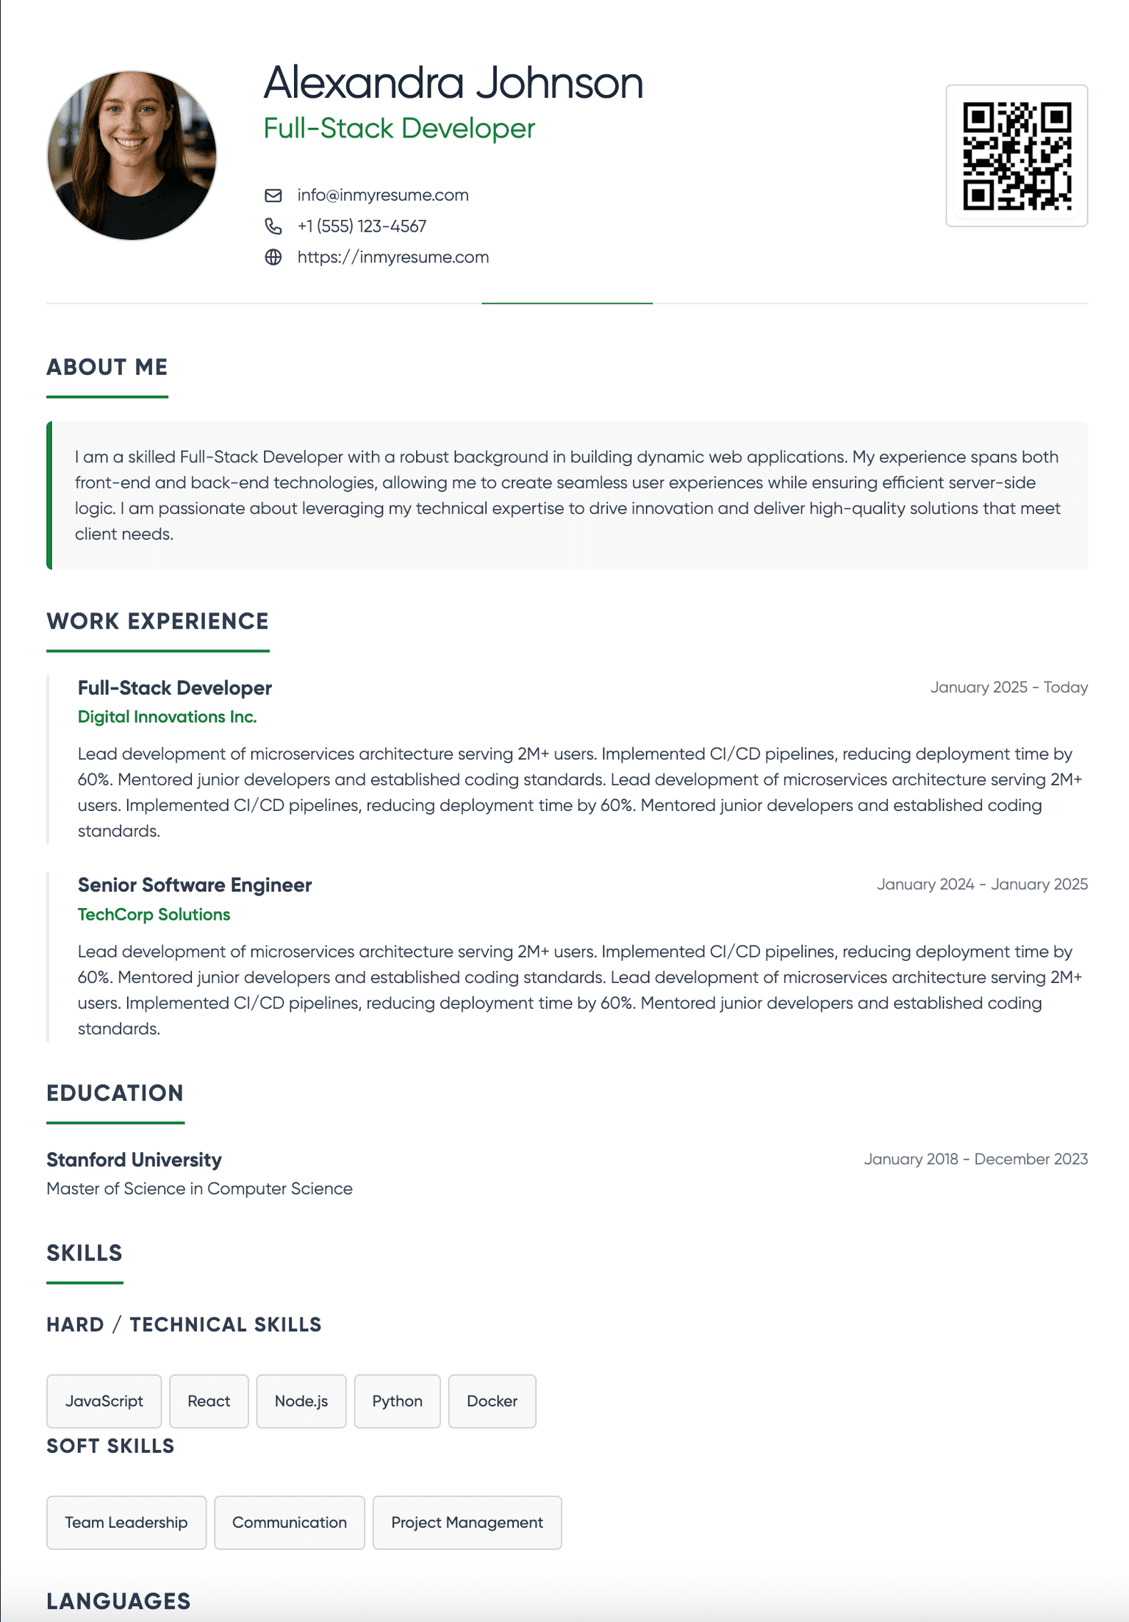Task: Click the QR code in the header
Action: point(1017,156)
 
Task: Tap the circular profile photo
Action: point(132,155)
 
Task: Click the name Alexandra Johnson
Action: point(453,82)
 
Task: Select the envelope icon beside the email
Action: point(273,196)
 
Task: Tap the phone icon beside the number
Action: point(273,226)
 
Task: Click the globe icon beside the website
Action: point(273,257)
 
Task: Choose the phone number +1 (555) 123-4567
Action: point(362,226)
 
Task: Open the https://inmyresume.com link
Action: point(393,257)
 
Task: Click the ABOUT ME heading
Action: point(107,367)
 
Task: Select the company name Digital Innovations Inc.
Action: point(167,717)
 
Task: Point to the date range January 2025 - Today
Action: point(1008,687)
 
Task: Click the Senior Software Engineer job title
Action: point(195,885)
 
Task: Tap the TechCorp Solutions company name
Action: point(154,915)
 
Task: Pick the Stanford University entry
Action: point(134,1160)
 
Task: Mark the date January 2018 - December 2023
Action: point(975,1160)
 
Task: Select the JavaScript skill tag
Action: point(104,1401)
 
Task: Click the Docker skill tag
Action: point(492,1401)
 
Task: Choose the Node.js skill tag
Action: point(301,1401)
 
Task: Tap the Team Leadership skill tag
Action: point(126,1523)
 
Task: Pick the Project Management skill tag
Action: point(467,1523)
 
